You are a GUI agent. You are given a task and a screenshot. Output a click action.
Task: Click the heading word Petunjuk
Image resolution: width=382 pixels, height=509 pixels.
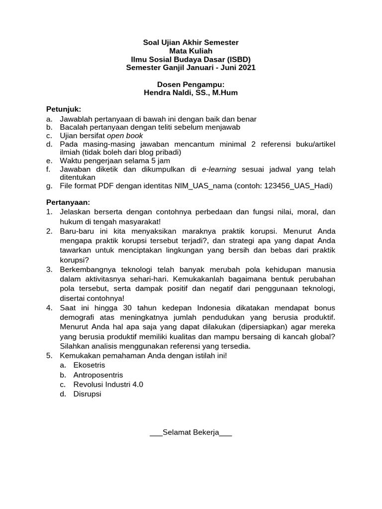[63, 109]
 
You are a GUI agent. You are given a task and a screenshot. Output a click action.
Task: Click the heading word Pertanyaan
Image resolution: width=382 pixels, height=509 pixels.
[68, 202]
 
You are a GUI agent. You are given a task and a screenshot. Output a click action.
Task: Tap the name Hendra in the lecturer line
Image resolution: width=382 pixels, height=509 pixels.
[157, 92]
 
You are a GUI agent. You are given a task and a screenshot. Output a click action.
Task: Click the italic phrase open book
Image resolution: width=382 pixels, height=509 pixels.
[126, 135]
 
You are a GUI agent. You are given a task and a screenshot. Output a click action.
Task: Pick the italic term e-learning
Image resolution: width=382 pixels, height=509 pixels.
[220, 169]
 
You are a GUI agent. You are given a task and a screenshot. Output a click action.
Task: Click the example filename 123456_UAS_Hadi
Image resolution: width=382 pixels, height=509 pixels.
[299, 186]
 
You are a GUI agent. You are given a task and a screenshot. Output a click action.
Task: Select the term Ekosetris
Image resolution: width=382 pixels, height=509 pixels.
[89, 365]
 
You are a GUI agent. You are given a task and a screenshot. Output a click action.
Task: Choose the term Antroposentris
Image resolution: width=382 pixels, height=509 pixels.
[98, 375]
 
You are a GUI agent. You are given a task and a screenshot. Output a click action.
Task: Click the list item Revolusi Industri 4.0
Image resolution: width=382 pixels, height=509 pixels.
[108, 384]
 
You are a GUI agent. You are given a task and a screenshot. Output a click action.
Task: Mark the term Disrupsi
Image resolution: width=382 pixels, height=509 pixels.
[87, 394]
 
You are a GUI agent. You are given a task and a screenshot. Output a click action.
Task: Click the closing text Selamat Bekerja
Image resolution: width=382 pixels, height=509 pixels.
[191, 433]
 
